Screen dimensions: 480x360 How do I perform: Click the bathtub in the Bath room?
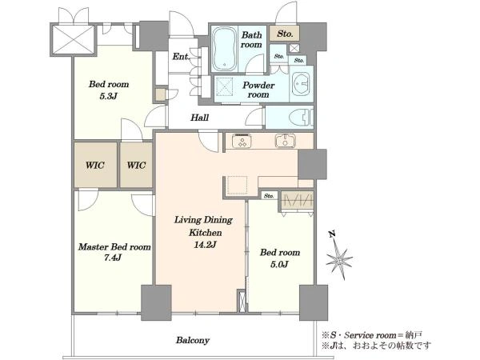[x=224, y=49]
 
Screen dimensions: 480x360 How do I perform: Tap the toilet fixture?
[x=302, y=118]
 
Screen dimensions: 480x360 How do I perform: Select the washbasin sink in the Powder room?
[x=301, y=83]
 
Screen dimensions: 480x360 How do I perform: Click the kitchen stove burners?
[x=242, y=142]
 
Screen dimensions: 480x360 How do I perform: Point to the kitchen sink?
[x=286, y=141]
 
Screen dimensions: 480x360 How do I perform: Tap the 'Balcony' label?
[x=193, y=340]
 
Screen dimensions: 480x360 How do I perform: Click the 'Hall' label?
[x=199, y=118]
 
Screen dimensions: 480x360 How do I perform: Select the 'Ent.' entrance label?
[x=181, y=57]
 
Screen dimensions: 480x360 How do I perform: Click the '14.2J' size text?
[x=205, y=245]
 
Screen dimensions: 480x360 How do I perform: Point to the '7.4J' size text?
[x=113, y=258]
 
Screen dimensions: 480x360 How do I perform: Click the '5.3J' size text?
[x=108, y=97]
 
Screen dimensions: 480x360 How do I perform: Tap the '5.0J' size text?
[x=279, y=264]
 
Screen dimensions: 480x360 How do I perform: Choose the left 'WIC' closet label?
[x=95, y=166]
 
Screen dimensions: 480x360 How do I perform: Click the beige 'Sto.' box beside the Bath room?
[x=284, y=34]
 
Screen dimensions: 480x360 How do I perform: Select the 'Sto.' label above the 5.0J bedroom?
[x=269, y=196]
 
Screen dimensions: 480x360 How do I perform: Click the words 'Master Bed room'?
[x=114, y=247]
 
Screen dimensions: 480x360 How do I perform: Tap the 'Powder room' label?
[x=258, y=90]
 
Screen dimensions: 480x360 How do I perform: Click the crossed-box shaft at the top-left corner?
[x=73, y=40]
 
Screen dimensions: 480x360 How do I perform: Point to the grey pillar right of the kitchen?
[x=312, y=164]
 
